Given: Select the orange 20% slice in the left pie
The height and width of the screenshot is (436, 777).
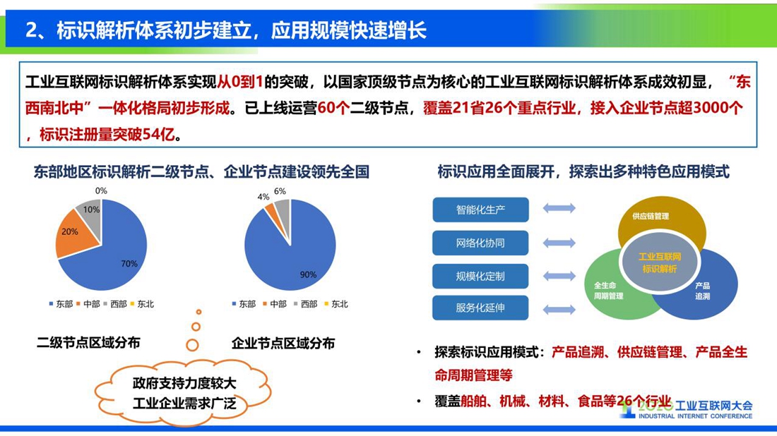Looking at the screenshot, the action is click(74, 234).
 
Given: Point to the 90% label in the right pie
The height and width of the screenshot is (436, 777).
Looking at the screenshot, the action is click(308, 274).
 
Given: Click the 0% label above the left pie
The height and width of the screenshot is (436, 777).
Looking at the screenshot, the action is click(101, 190).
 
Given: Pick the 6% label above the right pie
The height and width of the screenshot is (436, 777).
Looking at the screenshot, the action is click(280, 191).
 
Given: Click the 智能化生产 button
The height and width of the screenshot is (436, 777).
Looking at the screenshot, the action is click(480, 210).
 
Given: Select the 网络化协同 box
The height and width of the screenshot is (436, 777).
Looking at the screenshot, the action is click(480, 243).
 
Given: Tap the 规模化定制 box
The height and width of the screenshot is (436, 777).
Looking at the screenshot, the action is click(480, 276).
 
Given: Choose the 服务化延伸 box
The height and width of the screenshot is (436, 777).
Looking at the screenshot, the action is click(480, 308).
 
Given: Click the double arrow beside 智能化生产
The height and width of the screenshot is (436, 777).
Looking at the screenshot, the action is click(559, 208).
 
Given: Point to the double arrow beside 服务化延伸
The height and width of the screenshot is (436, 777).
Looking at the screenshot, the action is click(559, 310).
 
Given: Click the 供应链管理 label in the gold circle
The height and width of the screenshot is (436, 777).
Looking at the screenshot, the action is click(651, 217).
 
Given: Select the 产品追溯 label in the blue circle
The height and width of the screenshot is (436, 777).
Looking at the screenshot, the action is click(702, 291).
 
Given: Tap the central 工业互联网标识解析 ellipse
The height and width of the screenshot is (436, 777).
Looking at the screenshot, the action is click(660, 262).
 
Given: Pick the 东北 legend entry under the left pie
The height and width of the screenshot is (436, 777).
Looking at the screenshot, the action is click(142, 304).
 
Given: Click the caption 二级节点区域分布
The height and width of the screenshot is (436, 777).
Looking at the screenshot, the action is click(89, 342).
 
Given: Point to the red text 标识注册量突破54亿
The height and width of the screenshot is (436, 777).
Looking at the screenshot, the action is click(107, 134).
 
